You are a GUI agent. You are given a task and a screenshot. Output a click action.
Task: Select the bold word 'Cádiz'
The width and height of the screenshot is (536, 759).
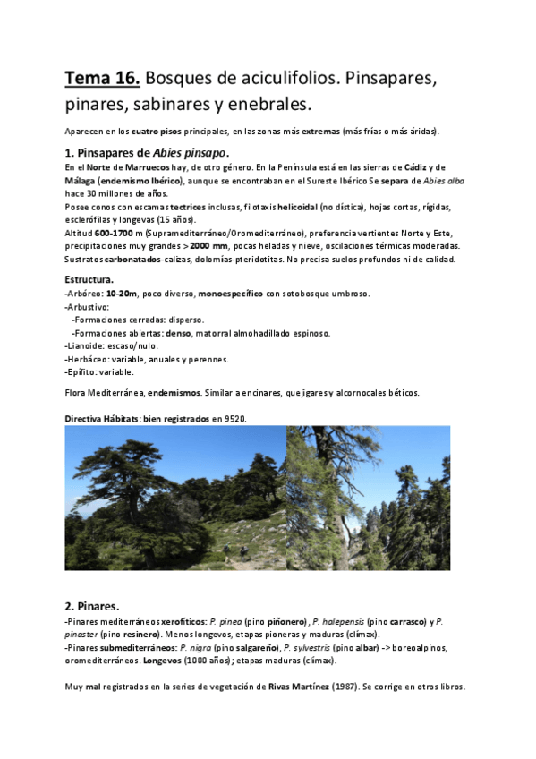(x=416, y=167)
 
